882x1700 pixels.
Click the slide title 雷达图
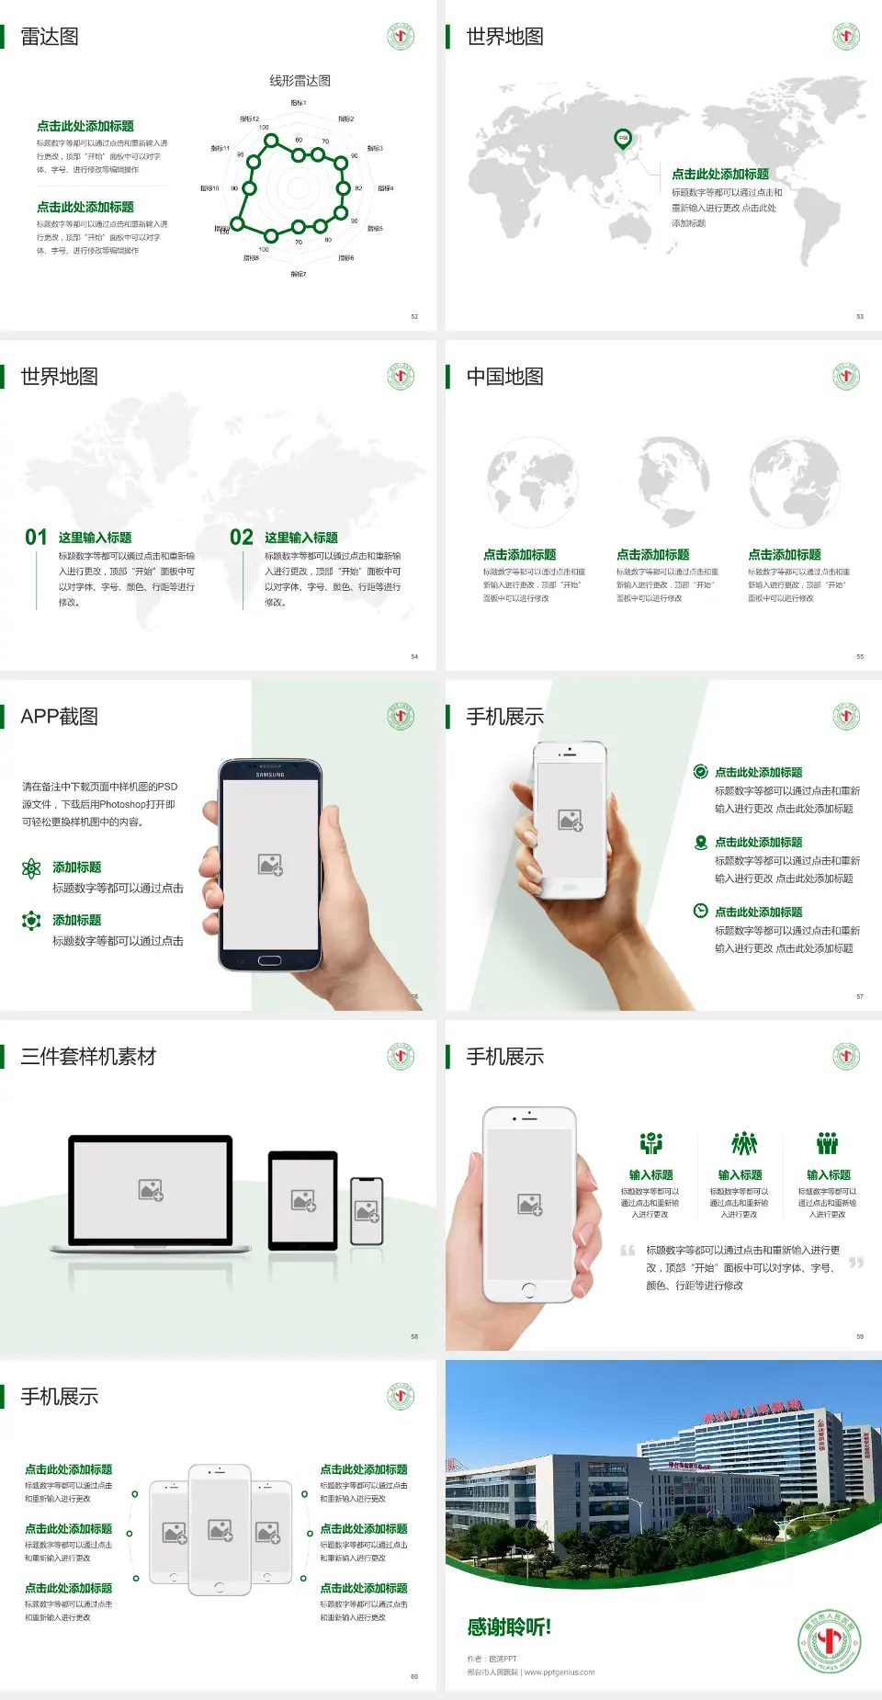coord(50,37)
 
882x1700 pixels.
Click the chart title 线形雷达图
coord(300,81)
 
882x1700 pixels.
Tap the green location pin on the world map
coord(623,139)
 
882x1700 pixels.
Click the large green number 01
coord(36,538)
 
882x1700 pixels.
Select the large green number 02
coord(242,538)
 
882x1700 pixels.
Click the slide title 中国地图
coord(504,377)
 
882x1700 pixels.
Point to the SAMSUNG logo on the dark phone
coord(270,775)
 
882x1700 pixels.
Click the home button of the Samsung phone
coord(269,960)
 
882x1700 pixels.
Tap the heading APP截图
coord(60,717)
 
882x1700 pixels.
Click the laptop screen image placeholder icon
coord(151,1190)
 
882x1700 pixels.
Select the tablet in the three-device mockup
coord(303,1200)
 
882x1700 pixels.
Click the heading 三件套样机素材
coord(88,1057)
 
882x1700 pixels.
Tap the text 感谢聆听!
coord(509,1627)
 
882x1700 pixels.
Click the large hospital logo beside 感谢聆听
coord(830,1640)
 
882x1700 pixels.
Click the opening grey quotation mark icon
coord(628,1251)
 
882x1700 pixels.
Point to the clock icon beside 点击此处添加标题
coord(700,911)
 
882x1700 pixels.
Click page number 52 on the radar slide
coord(414,316)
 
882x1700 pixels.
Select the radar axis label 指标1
coord(299,103)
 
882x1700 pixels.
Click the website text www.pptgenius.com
coord(560,1672)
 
